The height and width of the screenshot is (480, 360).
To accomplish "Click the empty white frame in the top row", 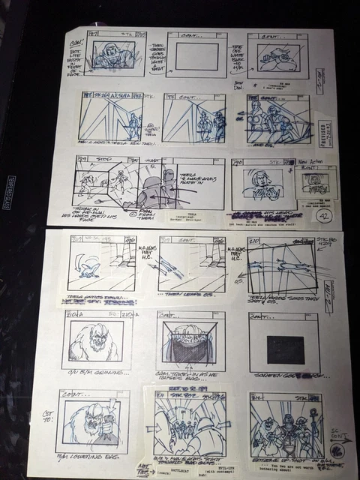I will coord(197,55).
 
